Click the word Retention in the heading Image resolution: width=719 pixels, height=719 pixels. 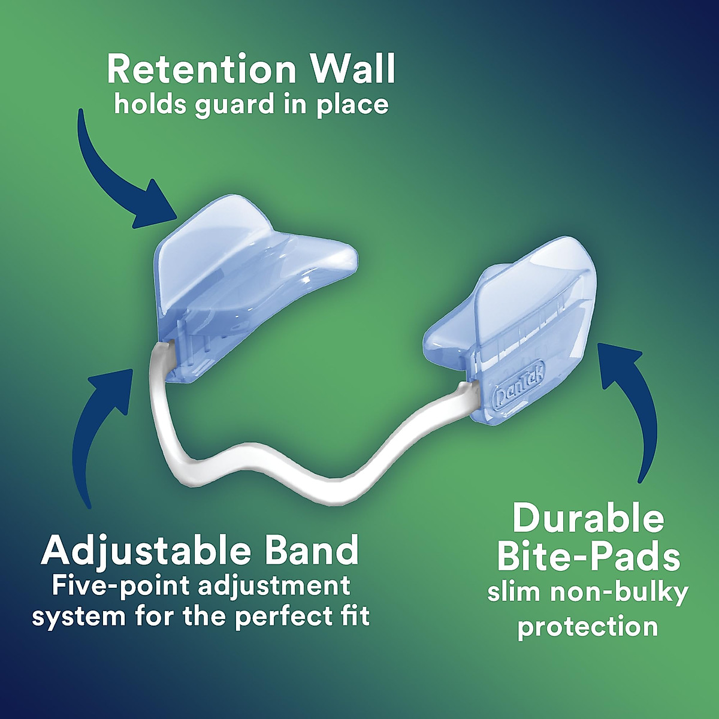[200, 70]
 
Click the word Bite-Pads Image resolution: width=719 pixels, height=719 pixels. [588, 557]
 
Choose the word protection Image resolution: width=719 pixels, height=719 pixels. [588, 627]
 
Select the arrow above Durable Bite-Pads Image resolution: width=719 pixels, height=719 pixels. [635, 407]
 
